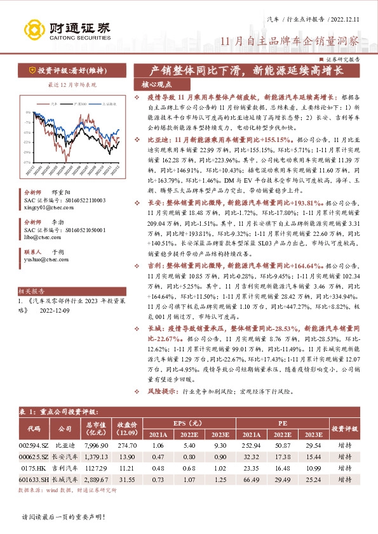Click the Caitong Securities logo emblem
pos(32,29)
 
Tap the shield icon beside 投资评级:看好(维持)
pos(31,70)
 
